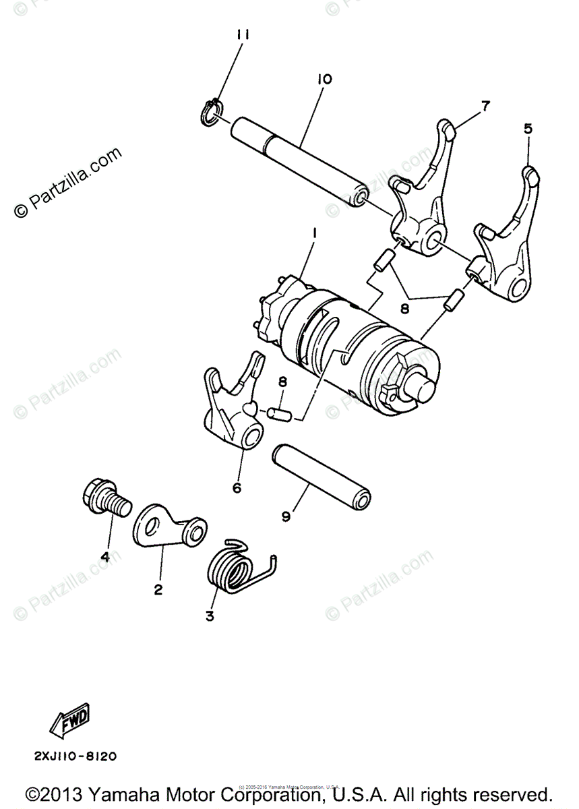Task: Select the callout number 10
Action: point(324,80)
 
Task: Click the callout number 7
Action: point(485,105)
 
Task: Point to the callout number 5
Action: point(527,128)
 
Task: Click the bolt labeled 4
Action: point(105,500)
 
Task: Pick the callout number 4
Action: point(105,556)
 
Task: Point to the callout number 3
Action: point(210,616)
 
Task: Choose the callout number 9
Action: point(286,516)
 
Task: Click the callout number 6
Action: point(237,487)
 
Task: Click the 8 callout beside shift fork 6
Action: point(283,382)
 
